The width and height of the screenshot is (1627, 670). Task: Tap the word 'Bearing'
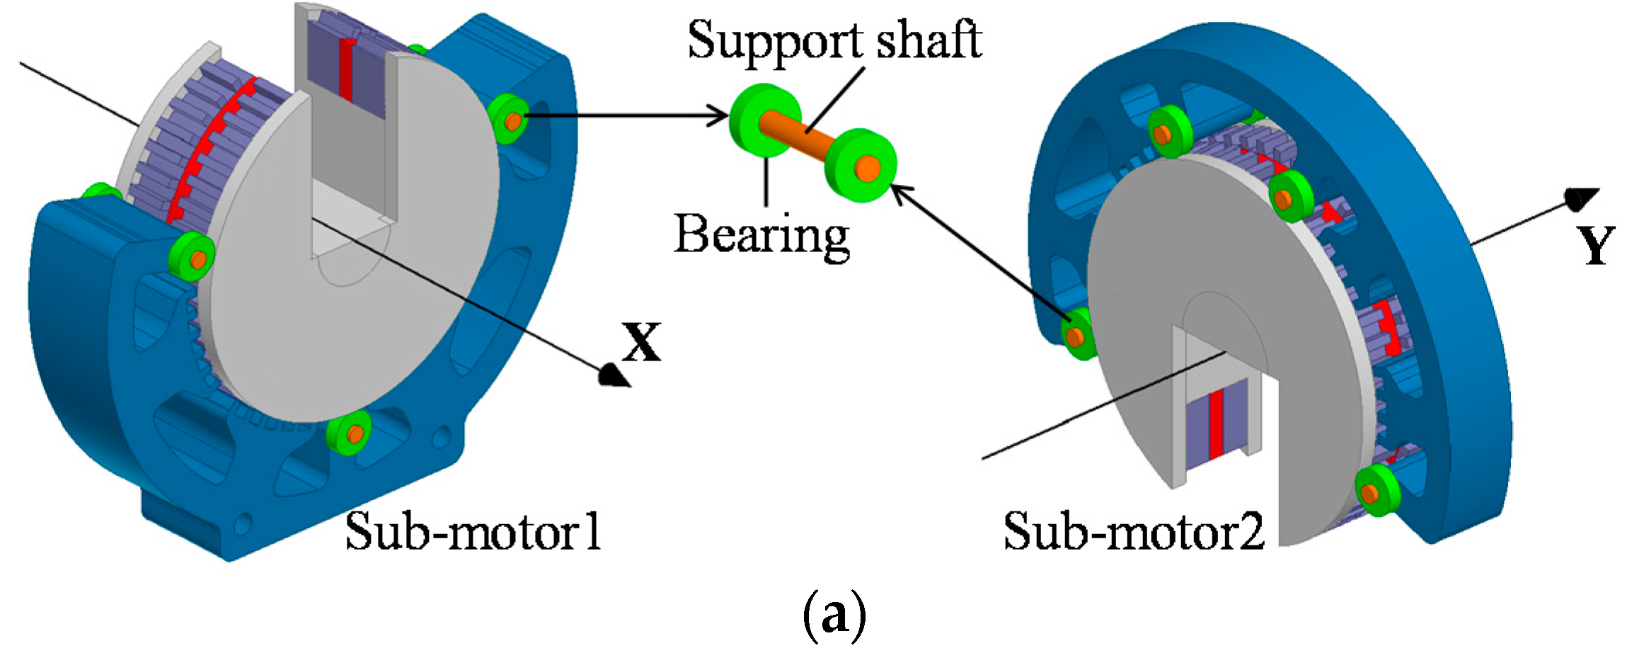click(761, 236)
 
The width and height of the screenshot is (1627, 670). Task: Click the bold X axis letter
click(641, 343)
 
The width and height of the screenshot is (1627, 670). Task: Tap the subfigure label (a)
click(834, 615)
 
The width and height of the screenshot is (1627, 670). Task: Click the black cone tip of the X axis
click(614, 376)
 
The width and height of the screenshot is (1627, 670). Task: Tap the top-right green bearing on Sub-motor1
click(508, 119)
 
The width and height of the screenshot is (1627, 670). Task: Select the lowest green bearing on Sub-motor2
click(1376, 490)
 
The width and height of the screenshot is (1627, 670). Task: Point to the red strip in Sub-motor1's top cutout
click(345, 69)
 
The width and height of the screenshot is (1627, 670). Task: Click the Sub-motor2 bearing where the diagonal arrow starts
click(1078, 334)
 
